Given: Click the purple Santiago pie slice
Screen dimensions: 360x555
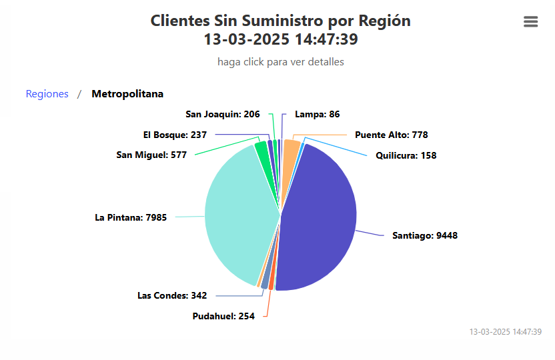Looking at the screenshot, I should point(320,220).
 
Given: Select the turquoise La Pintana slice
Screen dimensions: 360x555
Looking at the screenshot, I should point(240,213).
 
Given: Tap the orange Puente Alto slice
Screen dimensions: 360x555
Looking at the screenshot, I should point(291,153).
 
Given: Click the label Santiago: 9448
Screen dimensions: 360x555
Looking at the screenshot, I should point(424,235).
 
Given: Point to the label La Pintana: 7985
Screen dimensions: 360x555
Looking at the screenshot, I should point(131,217).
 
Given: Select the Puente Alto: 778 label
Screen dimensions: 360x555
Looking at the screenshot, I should point(391,135).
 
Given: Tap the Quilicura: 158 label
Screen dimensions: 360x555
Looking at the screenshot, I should point(406,156).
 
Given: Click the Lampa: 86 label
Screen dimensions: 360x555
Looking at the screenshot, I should point(317,114).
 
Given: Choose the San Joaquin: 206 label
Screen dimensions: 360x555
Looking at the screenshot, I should point(223,114).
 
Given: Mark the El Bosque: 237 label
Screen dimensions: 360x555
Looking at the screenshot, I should point(175,135).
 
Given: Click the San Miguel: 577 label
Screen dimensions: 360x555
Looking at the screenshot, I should point(151,155).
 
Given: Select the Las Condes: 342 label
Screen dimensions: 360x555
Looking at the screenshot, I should point(172,295).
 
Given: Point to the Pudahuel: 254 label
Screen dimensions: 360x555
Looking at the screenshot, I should point(223,316).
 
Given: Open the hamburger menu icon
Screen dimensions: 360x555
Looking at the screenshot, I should point(531,22).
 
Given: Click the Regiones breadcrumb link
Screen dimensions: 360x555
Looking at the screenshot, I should point(47,94).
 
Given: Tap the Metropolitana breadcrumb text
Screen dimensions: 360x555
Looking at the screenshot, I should point(127,94).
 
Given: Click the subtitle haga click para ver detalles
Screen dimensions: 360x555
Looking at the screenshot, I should point(280,62).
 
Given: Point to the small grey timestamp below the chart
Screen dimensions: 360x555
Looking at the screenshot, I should point(505,331).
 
